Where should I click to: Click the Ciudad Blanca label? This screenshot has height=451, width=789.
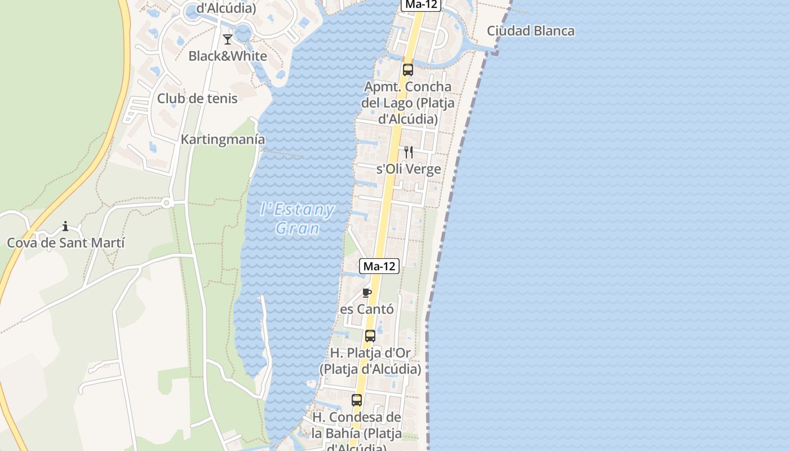530,31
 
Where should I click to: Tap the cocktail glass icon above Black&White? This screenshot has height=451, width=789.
228,39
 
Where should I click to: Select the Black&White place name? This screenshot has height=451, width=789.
228,56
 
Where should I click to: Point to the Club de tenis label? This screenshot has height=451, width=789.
197,99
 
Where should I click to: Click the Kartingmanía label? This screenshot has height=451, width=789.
223,139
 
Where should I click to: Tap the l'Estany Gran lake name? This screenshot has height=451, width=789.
298,219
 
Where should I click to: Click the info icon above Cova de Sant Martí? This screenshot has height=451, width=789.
65,227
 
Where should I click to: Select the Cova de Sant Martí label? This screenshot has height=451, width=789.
65,243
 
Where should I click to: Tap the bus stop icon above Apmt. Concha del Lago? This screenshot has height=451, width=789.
407,70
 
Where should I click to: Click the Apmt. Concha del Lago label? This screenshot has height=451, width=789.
407,103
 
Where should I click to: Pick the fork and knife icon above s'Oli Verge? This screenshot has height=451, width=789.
409,152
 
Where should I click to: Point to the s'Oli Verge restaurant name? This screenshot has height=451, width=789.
409,169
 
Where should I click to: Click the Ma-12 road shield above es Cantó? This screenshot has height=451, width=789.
379,266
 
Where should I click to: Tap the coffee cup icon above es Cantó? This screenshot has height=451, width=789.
367,293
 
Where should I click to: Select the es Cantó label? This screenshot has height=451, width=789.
367,309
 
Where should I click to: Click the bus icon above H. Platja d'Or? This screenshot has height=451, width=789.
370,336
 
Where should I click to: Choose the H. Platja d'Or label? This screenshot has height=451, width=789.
370,361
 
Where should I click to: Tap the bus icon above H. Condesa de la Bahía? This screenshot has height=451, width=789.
357,400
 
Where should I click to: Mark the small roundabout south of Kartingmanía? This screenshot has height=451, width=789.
166,203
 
